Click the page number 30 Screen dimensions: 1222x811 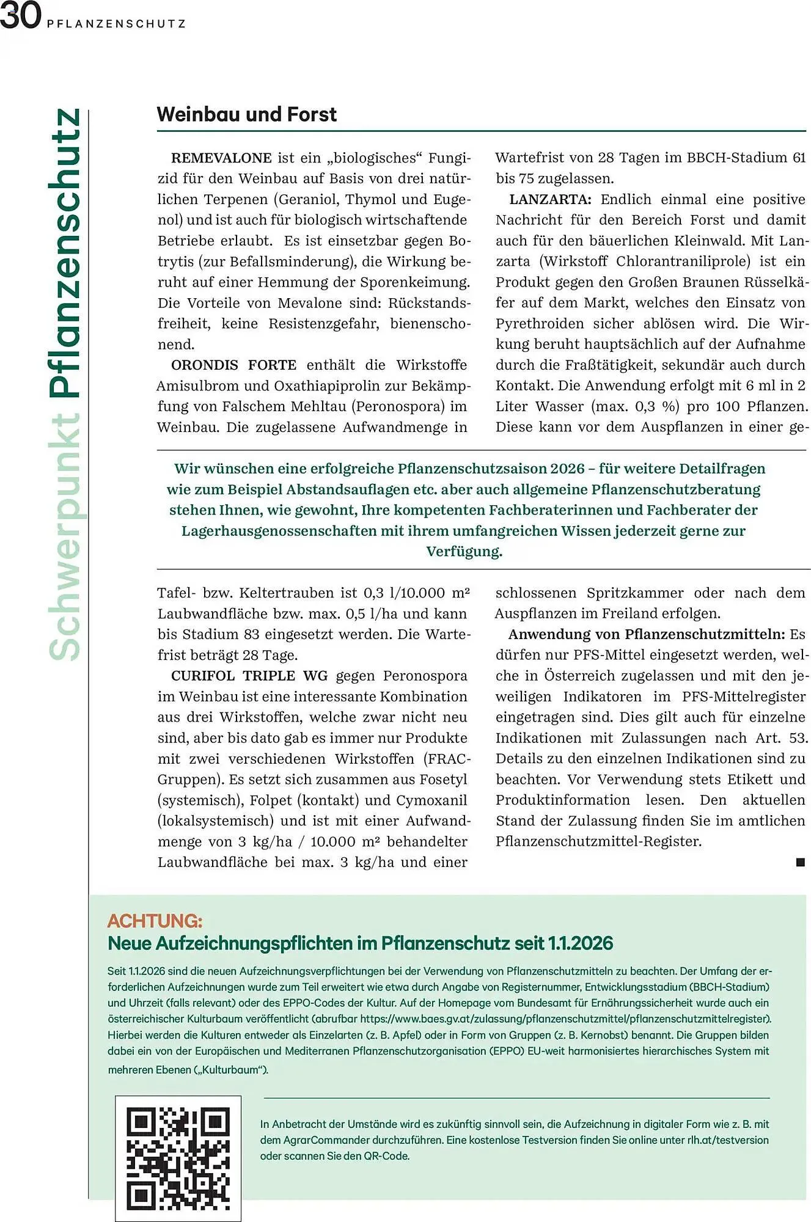coord(20,16)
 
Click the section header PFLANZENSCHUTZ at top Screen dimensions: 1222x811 coord(116,24)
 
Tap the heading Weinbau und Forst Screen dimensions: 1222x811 coord(246,114)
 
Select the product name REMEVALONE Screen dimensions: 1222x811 coord(221,158)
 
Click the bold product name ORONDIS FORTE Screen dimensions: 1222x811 coord(233,365)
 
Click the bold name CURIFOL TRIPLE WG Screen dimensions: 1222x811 coord(249,676)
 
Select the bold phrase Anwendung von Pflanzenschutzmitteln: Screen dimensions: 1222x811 coord(647,634)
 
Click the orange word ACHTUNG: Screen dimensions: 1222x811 coord(155,921)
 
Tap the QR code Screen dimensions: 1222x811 coord(178,1158)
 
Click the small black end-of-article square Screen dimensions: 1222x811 coord(801,862)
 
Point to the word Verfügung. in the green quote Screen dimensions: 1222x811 coord(464,551)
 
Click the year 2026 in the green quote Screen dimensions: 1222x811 coord(567,469)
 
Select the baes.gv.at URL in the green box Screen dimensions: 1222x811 coord(565,1019)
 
